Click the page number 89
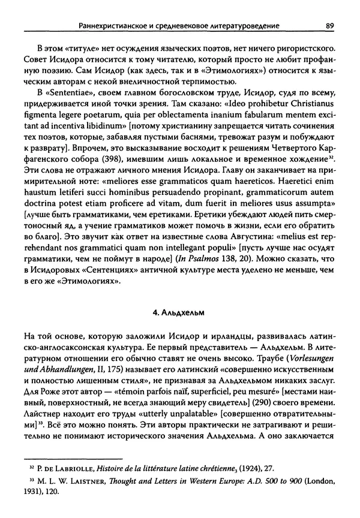(329, 25)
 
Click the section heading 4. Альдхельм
(179, 312)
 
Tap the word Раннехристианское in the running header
(111, 25)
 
